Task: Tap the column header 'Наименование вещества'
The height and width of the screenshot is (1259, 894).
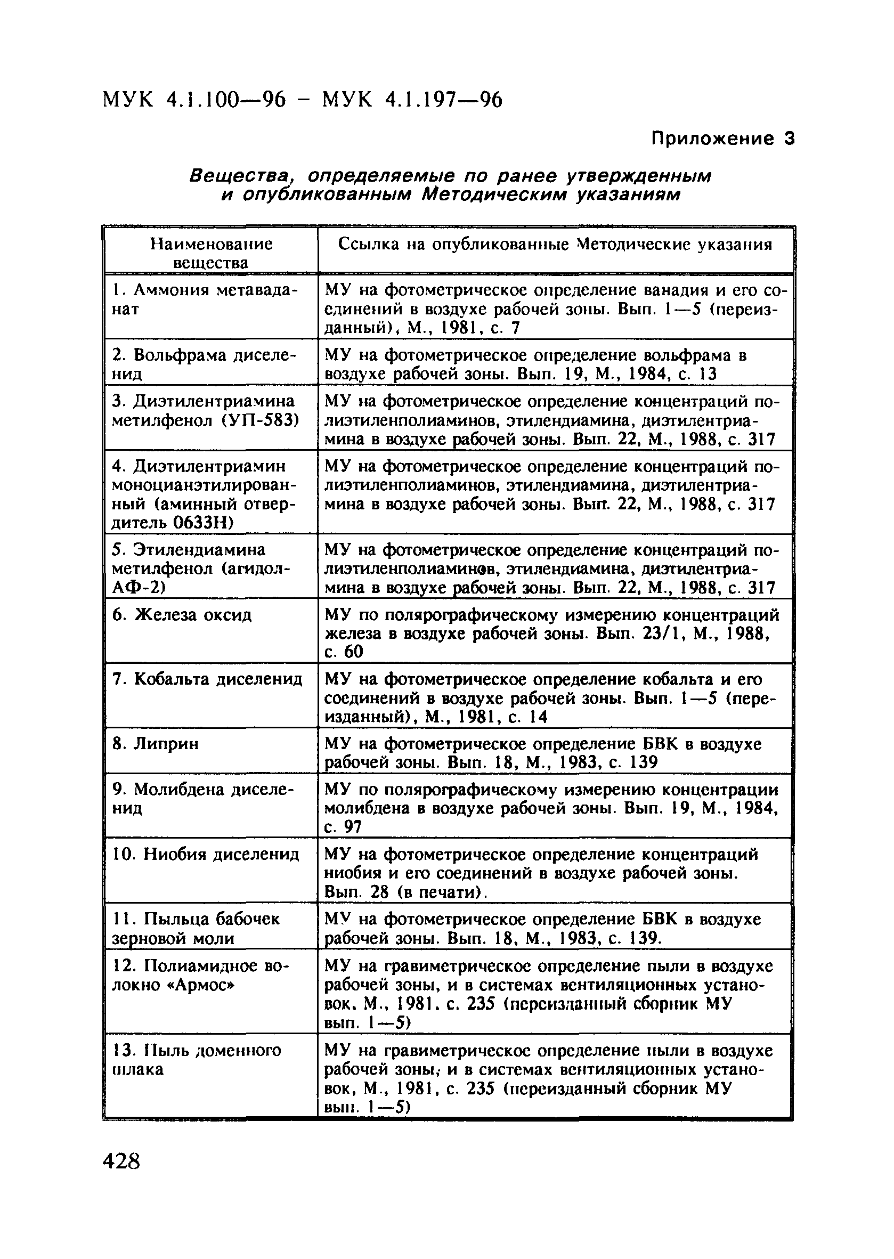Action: (211, 253)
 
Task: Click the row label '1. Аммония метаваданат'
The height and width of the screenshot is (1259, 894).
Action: (204, 299)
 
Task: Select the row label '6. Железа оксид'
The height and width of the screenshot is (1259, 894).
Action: (182, 614)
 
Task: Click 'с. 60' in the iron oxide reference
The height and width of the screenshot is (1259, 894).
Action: (344, 652)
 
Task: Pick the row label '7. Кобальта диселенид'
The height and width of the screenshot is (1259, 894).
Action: (207, 679)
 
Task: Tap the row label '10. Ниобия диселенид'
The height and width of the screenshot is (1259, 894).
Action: (206, 855)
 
